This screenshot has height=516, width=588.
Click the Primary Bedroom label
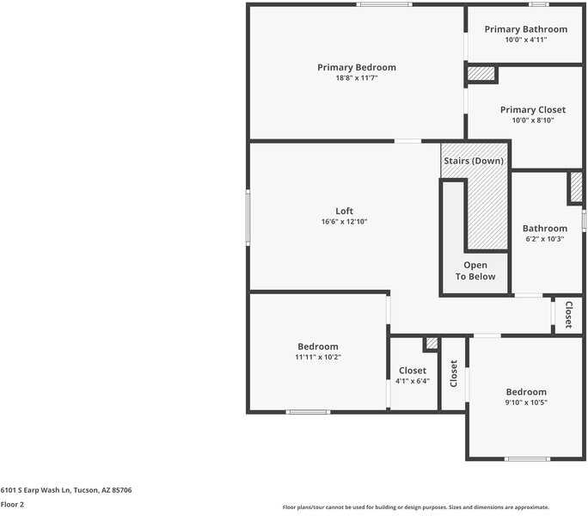tap(357, 68)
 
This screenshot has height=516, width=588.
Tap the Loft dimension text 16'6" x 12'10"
tap(344, 221)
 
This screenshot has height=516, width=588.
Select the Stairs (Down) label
tap(474, 161)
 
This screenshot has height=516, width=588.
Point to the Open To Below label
tap(475, 271)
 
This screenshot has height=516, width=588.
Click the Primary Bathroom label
tap(526, 29)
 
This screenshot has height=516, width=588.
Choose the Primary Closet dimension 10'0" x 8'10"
tap(533, 120)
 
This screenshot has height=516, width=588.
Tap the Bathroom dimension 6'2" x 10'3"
tap(545, 239)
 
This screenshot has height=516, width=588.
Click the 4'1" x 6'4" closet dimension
tap(413, 381)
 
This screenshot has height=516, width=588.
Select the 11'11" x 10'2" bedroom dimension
tap(318, 357)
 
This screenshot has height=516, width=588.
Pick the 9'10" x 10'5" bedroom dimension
tap(526, 402)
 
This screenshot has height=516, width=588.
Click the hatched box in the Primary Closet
tap(481, 74)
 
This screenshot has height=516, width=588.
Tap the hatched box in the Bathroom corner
tap(576, 187)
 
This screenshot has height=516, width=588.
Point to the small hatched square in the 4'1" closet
tap(432, 343)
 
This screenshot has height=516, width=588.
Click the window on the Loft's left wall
tap(248, 218)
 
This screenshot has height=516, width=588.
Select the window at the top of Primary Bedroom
tap(384, 4)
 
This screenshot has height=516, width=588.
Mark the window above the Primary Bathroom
tap(539, 4)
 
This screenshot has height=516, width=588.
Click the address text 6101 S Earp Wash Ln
tap(35, 490)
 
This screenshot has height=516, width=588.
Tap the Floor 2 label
tap(12, 504)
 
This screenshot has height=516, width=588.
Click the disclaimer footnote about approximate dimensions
tap(416, 507)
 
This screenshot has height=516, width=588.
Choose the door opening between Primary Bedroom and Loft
tap(408, 141)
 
